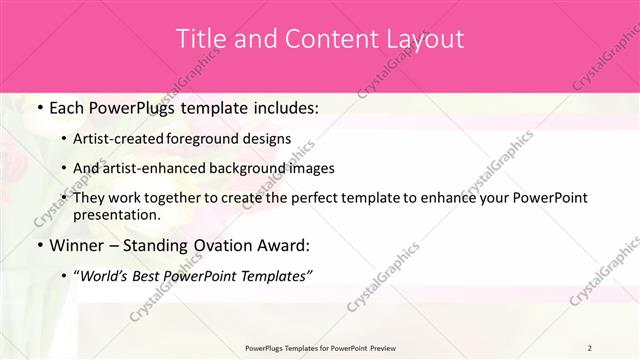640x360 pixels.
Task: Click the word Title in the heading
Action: coord(201,40)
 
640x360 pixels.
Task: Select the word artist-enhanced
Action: coord(153,169)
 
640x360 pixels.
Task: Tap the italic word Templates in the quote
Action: coord(276,277)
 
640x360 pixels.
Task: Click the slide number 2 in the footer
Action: coord(590,348)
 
